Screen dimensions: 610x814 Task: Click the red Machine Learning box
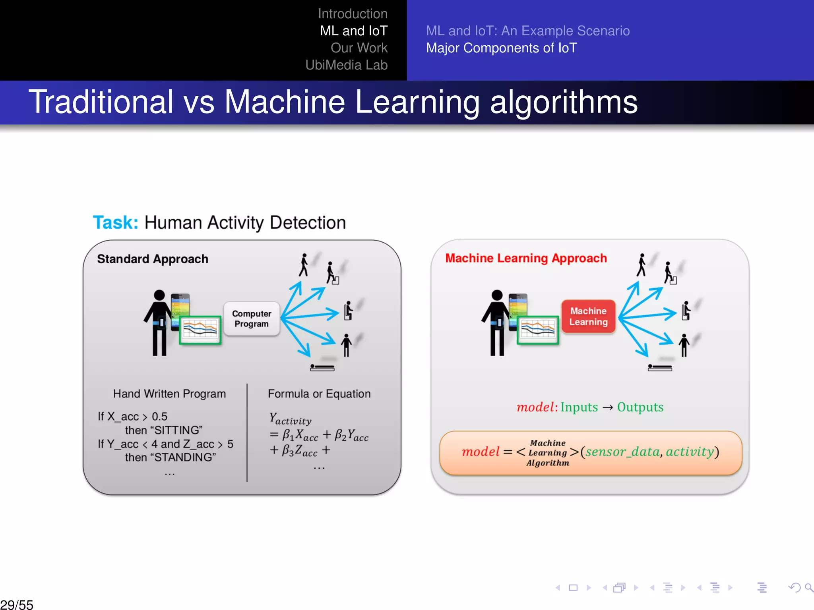pos(588,317)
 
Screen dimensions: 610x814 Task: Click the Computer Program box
pos(252,319)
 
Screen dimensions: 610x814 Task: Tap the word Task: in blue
pos(115,222)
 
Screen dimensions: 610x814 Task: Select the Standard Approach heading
pos(153,259)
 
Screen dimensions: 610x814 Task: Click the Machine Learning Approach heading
pos(526,258)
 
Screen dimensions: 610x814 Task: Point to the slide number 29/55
pos(17,604)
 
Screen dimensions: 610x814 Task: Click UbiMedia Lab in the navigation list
pos(346,65)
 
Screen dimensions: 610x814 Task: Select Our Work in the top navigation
pos(359,48)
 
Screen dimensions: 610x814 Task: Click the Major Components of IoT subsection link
pos(501,48)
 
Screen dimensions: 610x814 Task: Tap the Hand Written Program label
pos(169,394)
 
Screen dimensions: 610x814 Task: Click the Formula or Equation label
pos(319,394)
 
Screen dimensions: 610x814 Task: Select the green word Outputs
pos(640,407)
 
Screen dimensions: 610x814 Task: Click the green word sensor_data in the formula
pos(622,452)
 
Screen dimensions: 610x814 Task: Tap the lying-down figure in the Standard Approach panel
pos(322,368)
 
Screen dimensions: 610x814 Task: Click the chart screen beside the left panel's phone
pos(200,330)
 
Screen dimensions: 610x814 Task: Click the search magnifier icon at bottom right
pos(809,587)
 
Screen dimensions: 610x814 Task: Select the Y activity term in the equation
pos(291,419)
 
